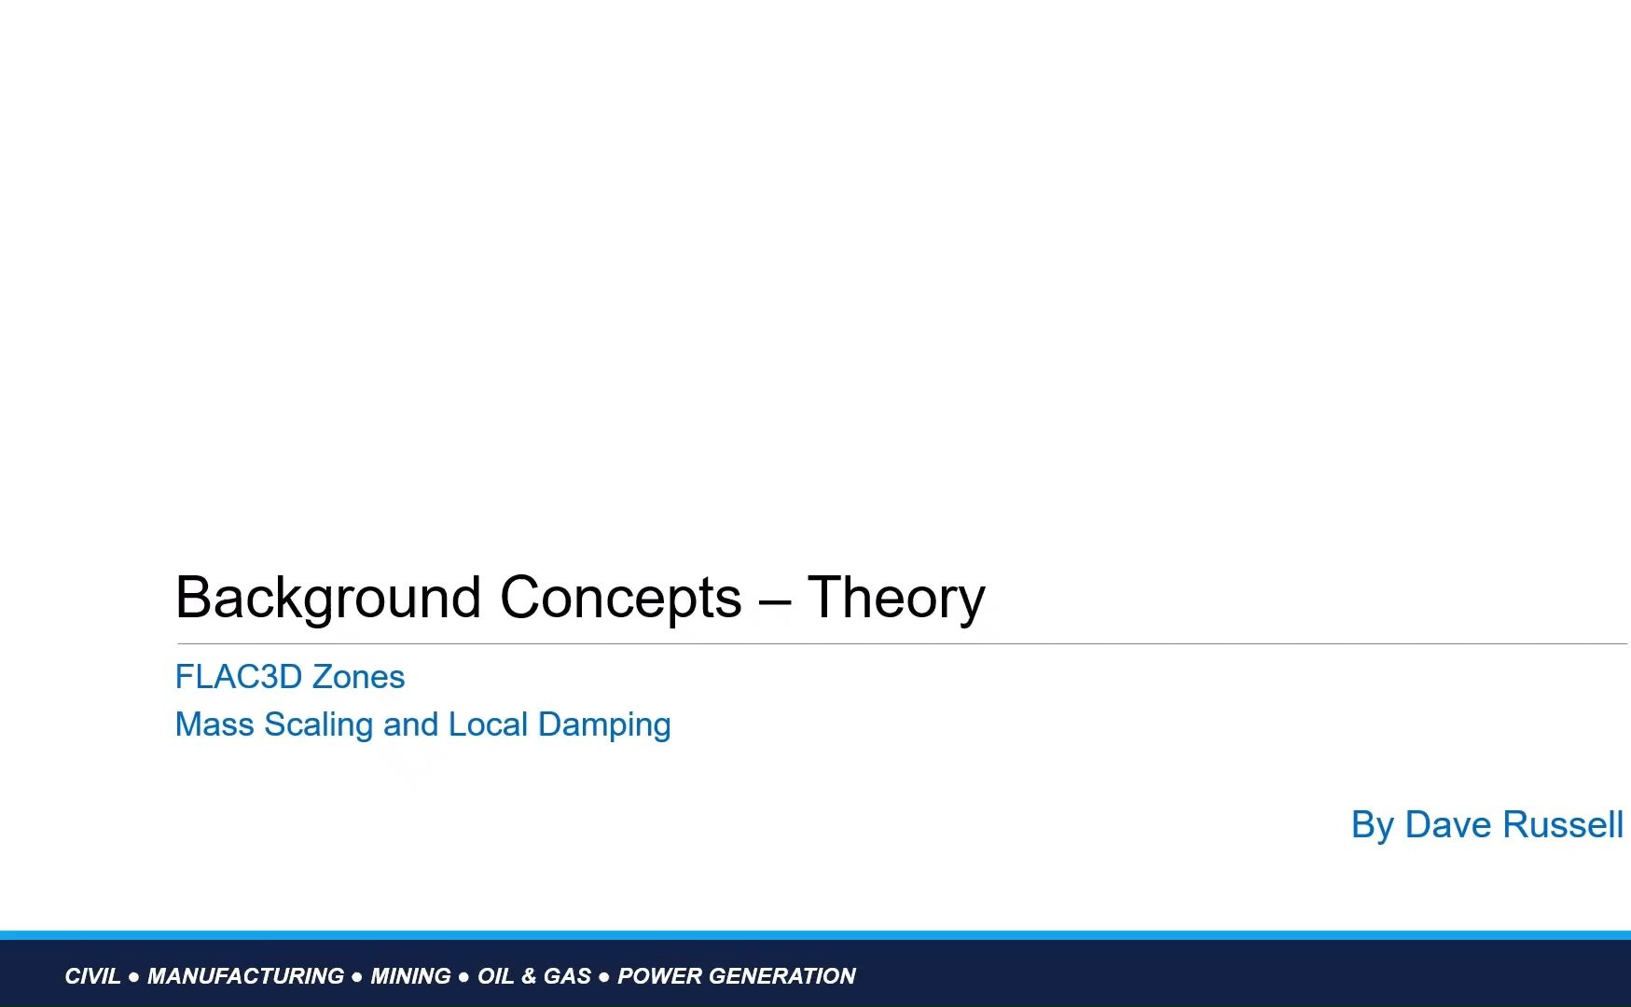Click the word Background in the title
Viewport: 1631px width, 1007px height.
pos(328,599)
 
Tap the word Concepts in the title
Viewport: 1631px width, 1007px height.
pos(621,599)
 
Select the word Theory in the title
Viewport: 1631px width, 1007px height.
pos(896,599)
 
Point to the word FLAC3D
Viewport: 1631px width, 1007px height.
pos(239,677)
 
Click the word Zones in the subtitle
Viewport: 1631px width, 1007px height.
pos(358,677)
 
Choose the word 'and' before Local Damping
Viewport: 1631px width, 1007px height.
pos(411,724)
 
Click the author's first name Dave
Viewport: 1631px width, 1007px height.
pos(1449,825)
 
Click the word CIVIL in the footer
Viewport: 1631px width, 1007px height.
pos(92,976)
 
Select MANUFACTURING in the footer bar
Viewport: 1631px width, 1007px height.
pos(245,976)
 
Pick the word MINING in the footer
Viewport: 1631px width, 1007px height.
pos(410,976)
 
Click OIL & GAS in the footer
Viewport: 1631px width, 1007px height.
pos(534,976)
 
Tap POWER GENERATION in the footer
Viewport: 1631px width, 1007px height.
pos(737,976)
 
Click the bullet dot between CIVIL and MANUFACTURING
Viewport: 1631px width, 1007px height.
pos(134,977)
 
